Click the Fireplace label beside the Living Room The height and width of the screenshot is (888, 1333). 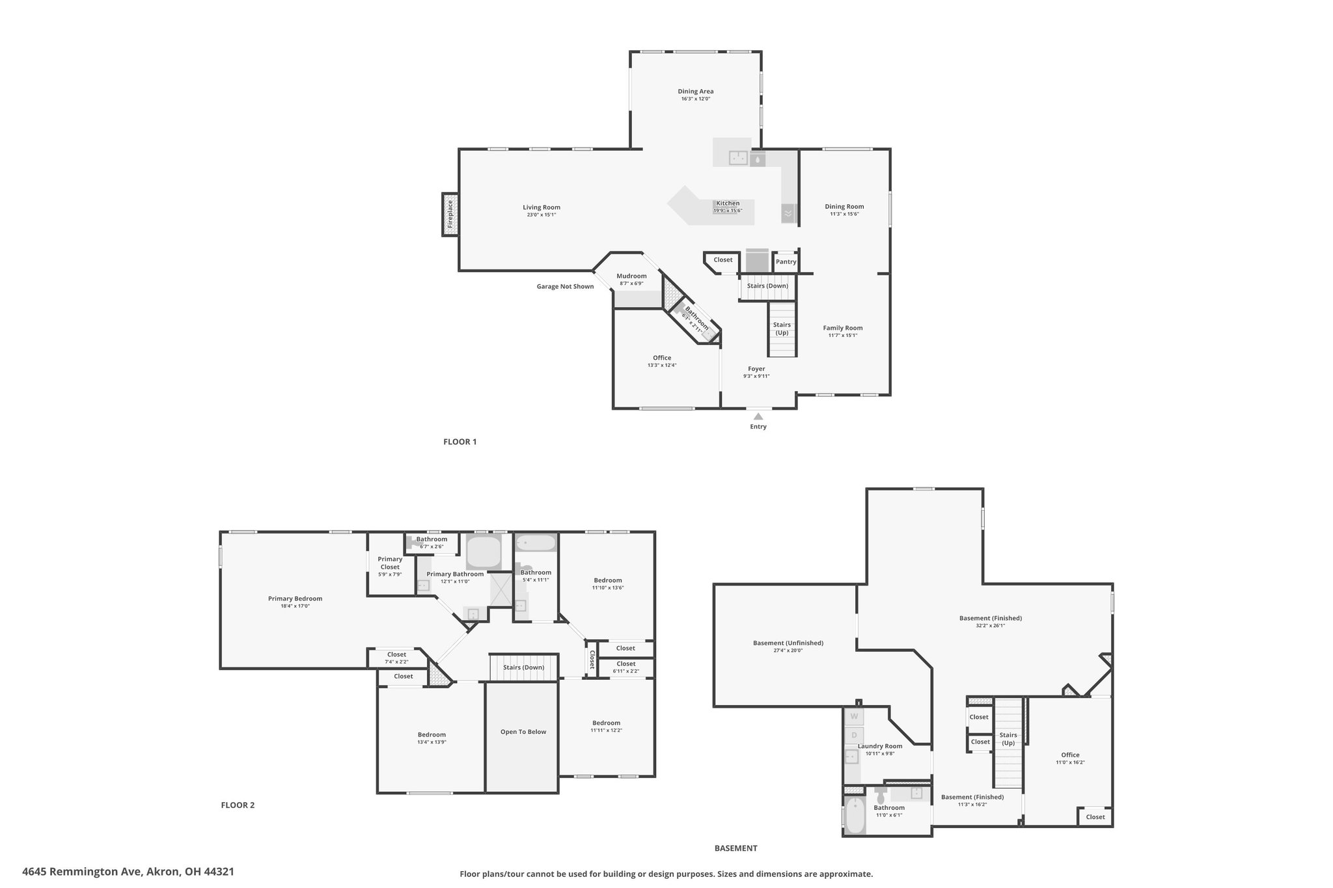pyautogui.click(x=450, y=214)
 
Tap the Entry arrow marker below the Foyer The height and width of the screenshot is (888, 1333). pyautogui.click(x=758, y=416)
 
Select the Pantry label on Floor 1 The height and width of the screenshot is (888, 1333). pyautogui.click(x=786, y=262)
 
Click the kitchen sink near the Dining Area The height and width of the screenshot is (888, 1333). pyautogui.click(x=738, y=157)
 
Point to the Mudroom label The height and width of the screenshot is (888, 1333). pyautogui.click(x=631, y=276)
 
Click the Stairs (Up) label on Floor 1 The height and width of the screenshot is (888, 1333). pyautogui.click(x=782, y=329)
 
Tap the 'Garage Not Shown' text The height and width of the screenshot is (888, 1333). pyautogui.click(x=565, y=286)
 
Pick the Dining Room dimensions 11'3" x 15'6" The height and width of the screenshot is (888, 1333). pyautogui.click(x=844, y=214)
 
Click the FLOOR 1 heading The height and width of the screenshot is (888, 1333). pyautogui.click(x=460, y=442)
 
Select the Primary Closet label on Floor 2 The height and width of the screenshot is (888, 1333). pyautogui.click(x=390, y=563)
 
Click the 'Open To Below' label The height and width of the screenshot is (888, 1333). pyautogui.click(x=523, y=732)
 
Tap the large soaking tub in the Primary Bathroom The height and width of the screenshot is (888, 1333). pyautogui.click(x=484, y=552)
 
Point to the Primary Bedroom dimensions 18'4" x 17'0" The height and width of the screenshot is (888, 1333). pyautogui.click(x=295, y=606)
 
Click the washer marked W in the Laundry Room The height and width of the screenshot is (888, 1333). pyautogui.click(x=854, y=716)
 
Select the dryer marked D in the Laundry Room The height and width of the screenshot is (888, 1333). pyautogui.click(x=854, y=736)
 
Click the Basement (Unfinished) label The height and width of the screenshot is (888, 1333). pyautogui.click(x=788, y=643)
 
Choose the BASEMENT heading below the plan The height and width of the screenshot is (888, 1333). pyautogui.click(x=735, y=848)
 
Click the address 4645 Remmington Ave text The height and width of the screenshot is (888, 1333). pyautogui.click(x=82, y=871)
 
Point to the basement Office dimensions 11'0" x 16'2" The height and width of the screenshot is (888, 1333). pyautogui.click(x=1070, y=762)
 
